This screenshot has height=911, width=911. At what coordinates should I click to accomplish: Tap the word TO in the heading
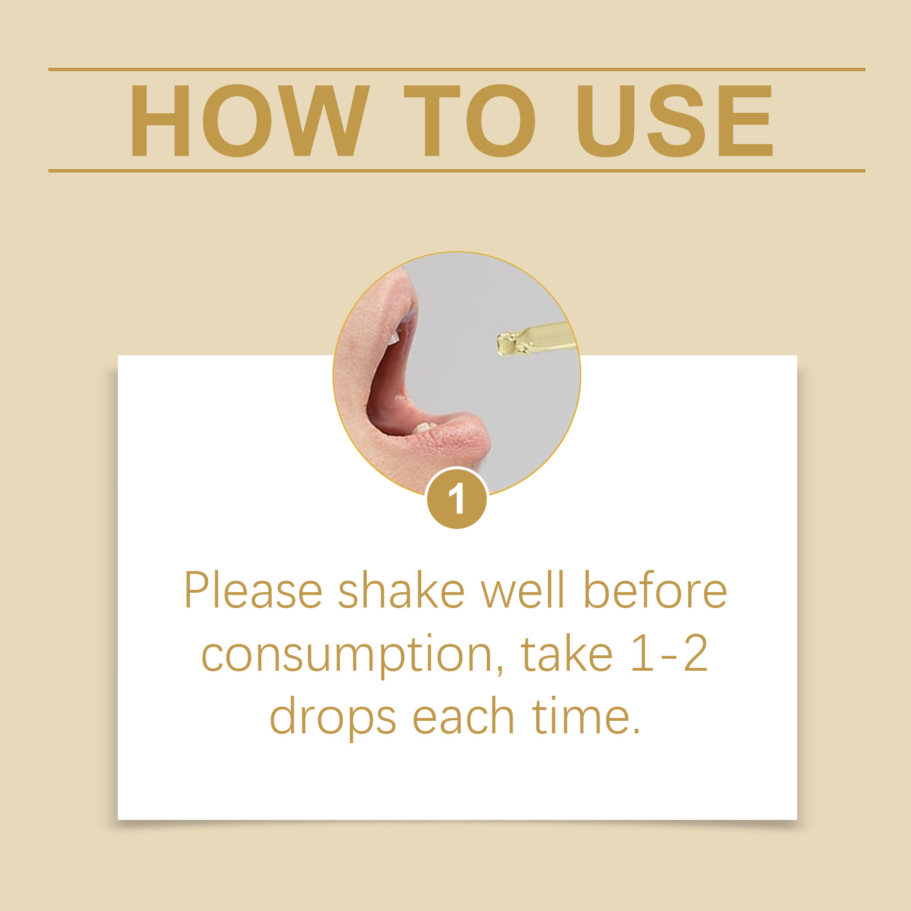[470, 121]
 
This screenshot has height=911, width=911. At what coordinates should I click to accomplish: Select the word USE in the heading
[675, 121]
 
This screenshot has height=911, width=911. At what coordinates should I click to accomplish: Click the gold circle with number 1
[457, 499]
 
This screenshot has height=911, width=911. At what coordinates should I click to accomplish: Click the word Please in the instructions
[253, 591]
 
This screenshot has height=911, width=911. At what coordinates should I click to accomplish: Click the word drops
[333, 717]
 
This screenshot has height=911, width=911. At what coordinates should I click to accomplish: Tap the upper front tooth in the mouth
[394, 338]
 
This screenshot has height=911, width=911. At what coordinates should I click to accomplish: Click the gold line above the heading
[457, 69]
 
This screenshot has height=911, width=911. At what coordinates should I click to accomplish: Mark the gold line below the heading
[457, 170]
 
